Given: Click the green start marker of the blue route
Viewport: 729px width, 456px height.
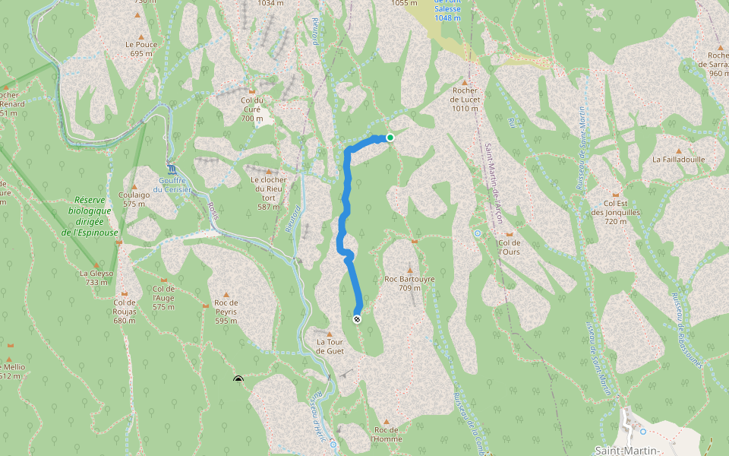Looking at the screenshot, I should coord(390,138).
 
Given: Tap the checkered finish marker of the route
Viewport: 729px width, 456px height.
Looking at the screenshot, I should coord(357,319).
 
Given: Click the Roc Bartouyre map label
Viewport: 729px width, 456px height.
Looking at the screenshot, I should coord(409,283).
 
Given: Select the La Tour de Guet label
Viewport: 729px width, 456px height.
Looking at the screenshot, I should coord(330,347).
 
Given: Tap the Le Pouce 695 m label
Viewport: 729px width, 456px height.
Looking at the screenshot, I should coord(142,49).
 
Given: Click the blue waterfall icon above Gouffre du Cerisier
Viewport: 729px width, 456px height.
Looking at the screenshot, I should coord(172,169).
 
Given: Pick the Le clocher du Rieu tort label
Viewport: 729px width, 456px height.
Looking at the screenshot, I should coord(269,193).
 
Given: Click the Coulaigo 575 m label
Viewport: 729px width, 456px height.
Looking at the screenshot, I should coord(134,199).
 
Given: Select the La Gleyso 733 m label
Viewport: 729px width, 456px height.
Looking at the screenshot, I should coord(96,277).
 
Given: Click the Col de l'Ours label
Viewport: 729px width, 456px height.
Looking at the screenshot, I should coord(509,247).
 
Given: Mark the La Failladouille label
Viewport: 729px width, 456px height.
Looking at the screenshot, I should coord(679,160).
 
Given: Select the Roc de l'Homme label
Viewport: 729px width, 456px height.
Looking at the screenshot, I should coord(386,434).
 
